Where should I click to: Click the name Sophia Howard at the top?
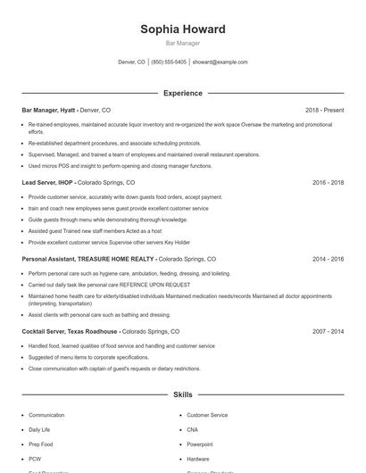183,29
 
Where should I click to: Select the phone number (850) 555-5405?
169,62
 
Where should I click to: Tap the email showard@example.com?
220,62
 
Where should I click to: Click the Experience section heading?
183,93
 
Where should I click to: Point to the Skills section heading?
183,394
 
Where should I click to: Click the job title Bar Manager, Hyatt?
49,110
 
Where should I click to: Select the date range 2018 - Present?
324,110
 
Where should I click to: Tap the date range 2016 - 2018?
328,182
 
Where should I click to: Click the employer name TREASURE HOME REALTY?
116,259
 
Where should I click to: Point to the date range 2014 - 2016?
328,259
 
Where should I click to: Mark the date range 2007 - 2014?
328,331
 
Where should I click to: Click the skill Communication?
46,415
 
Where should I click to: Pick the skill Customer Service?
207,415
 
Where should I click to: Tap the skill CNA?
193,429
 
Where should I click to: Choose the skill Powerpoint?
200,444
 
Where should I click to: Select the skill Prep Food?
41,444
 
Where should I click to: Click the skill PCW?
36,458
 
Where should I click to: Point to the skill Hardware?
199,458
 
